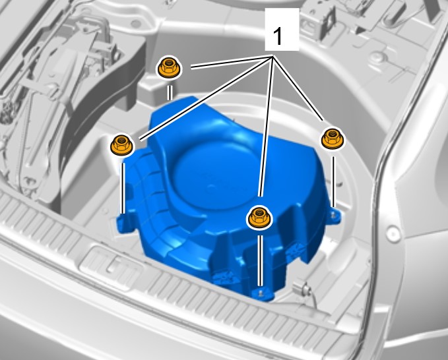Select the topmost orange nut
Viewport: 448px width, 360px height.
168,67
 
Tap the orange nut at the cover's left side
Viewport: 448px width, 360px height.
121,144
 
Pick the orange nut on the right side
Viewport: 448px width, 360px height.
333,138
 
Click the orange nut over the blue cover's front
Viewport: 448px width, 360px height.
259,218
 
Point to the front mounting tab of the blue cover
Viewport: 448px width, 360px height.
262,294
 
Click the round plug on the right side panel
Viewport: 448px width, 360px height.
393,233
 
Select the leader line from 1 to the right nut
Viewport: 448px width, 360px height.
298,88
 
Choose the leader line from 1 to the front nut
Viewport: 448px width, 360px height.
265,127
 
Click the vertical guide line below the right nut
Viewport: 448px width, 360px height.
333,181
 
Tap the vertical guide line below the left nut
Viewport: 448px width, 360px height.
123,188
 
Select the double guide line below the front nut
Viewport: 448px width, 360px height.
259,260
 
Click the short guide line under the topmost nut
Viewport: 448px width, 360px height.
170,93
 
